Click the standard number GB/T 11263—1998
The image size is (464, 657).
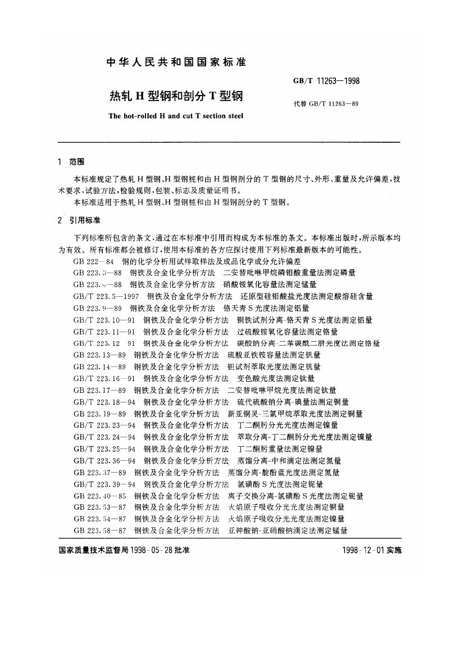tap(326, 81)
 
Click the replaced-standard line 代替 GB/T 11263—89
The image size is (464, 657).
tap(326, 103)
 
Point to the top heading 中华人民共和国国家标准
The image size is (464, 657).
tap(176, 62)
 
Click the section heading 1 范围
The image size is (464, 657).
tap(71, 162)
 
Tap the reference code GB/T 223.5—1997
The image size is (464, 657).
tap(106, 296)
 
